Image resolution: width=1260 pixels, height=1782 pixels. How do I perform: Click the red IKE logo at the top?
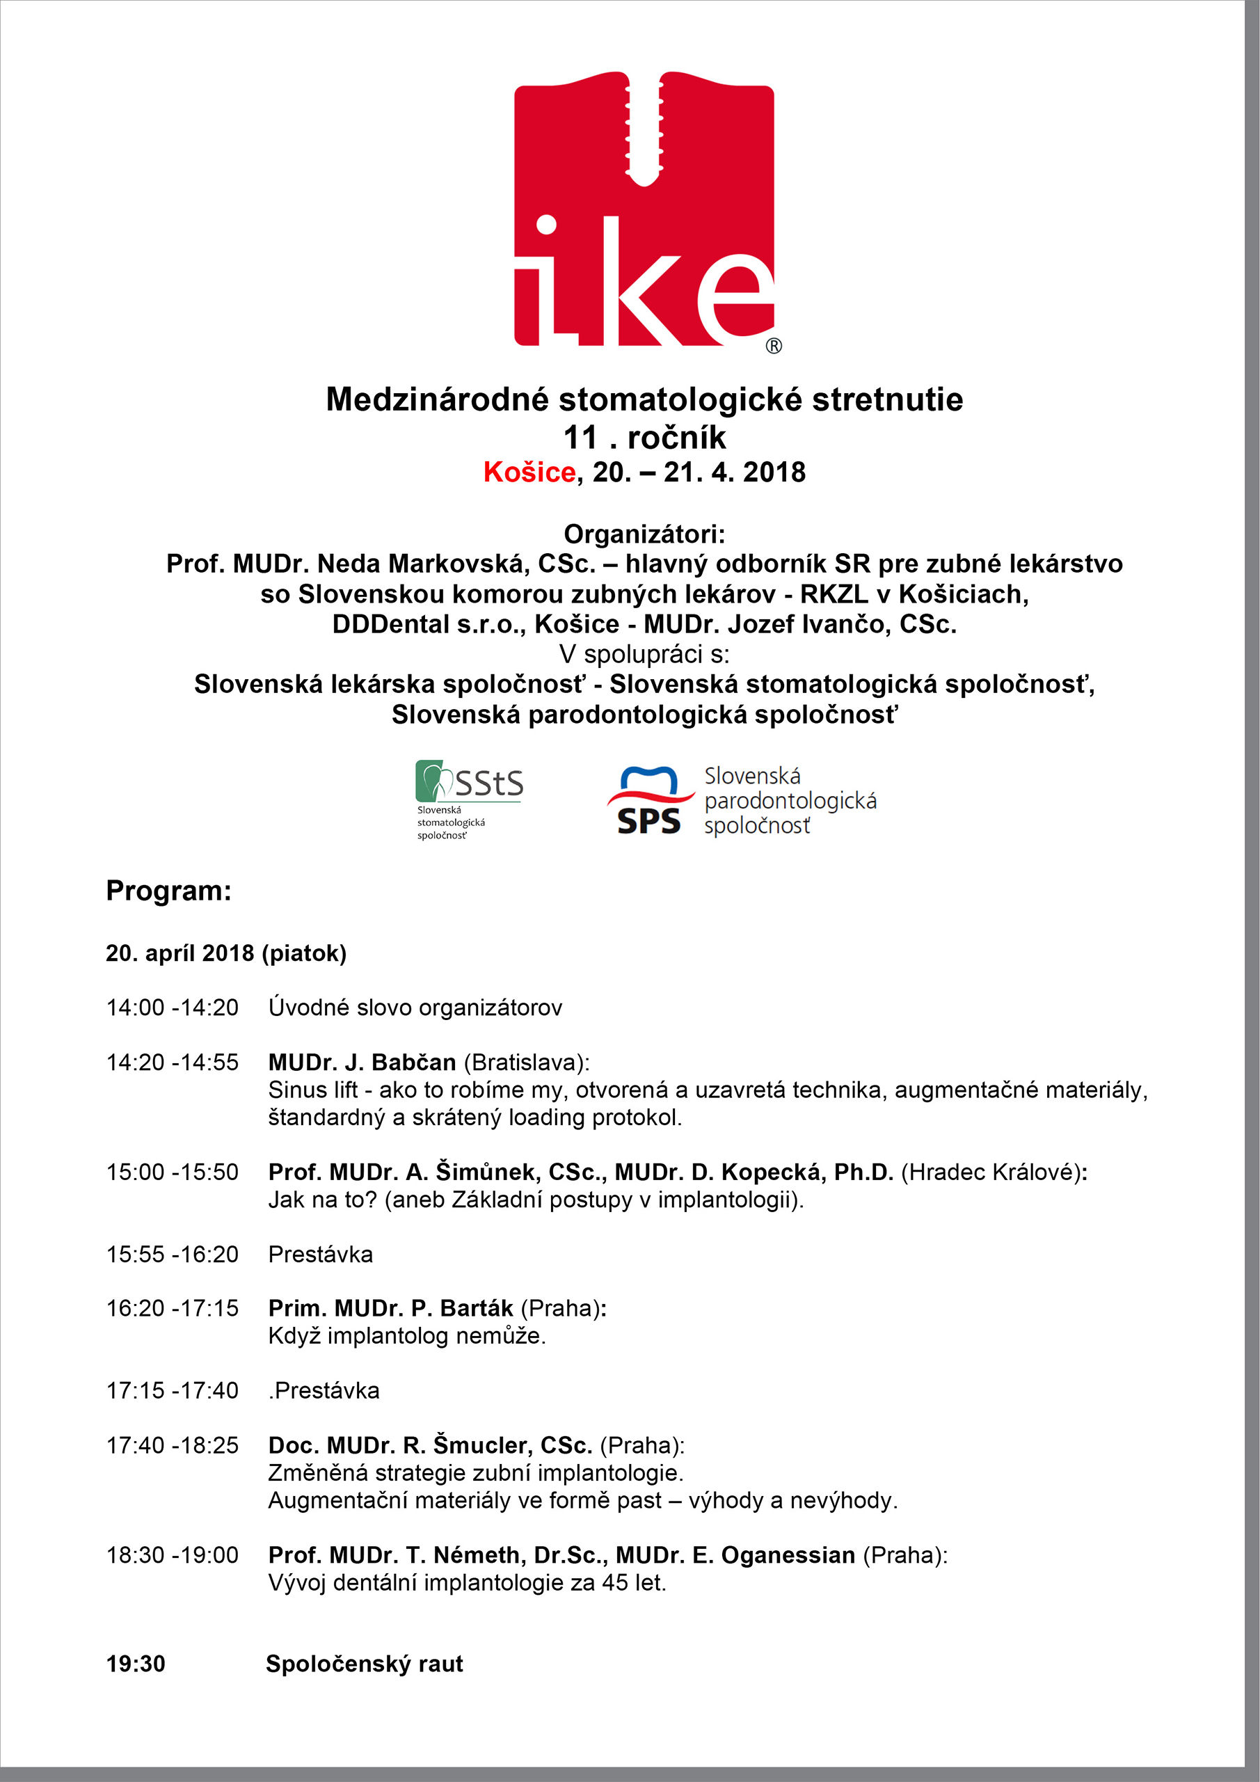tap(644, 209)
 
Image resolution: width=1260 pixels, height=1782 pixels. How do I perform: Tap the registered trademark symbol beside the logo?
tap(774, 346)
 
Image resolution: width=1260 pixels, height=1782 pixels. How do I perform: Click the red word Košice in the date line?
tap(529, 472)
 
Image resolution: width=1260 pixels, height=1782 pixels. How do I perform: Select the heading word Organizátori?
tap(644, 534)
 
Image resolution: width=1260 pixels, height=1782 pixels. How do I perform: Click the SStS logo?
tap(470, 799)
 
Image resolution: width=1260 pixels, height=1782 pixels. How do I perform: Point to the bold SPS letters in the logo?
tap(648, 821)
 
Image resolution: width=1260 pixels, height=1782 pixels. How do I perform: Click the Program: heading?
tap(168, 890)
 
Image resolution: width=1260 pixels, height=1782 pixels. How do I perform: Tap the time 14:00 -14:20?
tap(173, 1008)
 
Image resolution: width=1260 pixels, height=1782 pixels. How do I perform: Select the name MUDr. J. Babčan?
tap(362, 1062)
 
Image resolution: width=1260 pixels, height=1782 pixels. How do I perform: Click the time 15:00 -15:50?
tap(173, 1172)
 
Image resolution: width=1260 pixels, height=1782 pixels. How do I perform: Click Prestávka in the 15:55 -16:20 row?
tap(321, 1255)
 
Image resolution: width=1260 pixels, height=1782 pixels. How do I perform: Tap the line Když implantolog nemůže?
tap(406, 1336)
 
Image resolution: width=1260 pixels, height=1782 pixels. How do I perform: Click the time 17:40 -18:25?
tap(173, 1445)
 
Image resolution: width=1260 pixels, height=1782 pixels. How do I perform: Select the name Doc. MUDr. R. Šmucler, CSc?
tap(431, 1445)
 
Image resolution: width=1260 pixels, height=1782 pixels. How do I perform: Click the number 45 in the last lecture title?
tap(614, 1582)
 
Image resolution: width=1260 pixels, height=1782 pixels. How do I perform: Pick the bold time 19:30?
tap(136, 1663)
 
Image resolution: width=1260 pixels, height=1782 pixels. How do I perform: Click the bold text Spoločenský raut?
tap(365, 1663)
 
